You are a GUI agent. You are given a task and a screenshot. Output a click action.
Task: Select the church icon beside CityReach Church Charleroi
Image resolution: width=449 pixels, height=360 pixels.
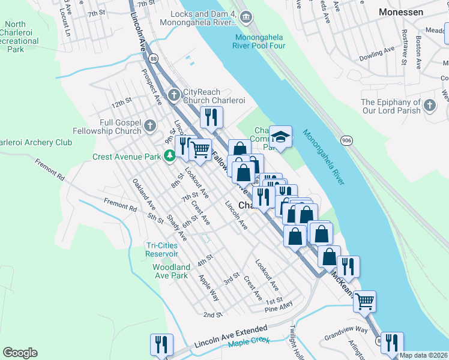173,95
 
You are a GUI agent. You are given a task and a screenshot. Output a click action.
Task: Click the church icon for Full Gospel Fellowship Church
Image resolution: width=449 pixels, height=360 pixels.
152,125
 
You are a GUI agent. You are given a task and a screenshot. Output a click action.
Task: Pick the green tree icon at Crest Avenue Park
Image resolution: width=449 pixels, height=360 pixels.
170,157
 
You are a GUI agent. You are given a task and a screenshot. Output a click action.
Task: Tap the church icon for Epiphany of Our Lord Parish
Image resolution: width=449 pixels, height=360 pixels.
429,106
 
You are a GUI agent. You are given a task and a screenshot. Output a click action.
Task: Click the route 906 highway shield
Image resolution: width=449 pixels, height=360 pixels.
346,140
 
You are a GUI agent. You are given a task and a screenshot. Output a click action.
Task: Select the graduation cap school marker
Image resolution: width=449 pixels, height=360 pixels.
280,136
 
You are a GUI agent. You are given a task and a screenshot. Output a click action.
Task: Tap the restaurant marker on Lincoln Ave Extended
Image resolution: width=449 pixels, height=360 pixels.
161,344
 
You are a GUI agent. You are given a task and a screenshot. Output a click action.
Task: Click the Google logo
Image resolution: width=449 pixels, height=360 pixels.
20,353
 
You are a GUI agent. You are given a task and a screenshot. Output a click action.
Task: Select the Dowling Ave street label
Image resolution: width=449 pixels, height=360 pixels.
376,53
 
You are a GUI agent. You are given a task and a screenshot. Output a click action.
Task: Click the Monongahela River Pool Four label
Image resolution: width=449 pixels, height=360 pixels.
261,40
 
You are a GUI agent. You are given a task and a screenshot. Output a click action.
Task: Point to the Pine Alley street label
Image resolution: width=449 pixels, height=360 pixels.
279,309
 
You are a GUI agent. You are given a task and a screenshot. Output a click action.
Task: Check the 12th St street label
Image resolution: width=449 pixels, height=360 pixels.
121,103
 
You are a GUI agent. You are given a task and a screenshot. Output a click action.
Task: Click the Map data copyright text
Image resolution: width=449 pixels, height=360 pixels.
423,355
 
